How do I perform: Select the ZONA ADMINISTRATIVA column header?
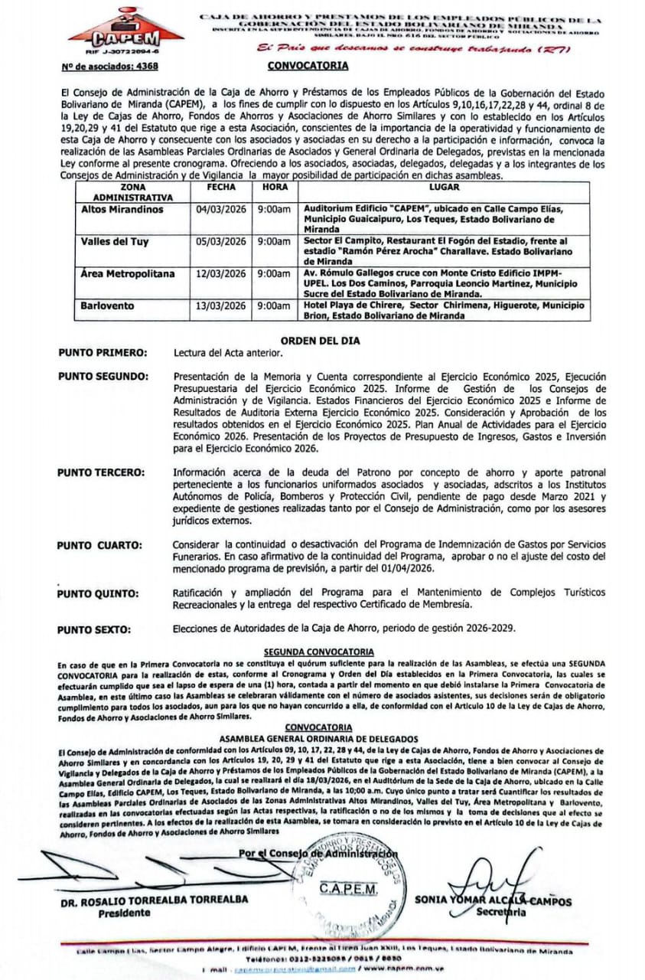122,191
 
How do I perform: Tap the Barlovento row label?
107,306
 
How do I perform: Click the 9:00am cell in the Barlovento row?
274,306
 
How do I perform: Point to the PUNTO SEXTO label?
94,629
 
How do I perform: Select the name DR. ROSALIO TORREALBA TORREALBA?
142,901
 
